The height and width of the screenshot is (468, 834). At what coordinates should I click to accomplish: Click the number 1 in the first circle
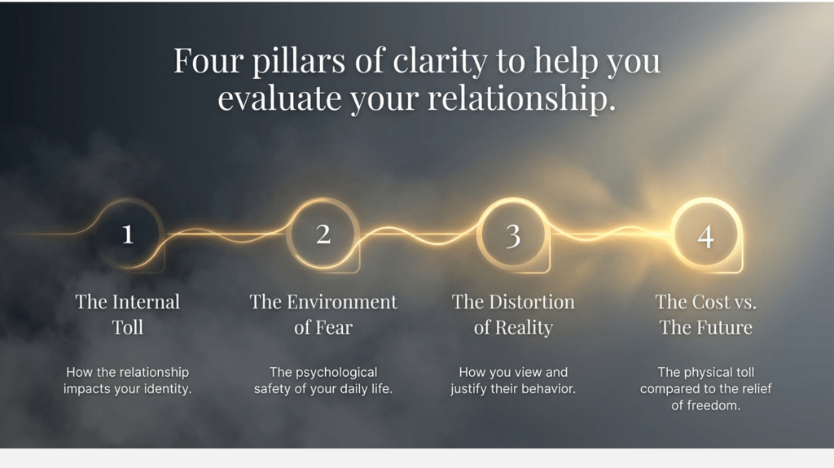click(x=128, y=234)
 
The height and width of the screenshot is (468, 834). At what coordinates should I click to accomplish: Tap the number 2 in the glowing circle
click(x=323, y=234)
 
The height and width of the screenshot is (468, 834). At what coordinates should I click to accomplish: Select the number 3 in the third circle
click(x=513, y=236)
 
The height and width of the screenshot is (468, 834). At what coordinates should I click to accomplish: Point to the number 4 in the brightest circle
click(x=706, y=237)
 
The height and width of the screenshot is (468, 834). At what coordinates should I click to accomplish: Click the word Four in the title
click(x=208, y=60)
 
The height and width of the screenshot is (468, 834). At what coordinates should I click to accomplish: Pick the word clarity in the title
click(x=440, y=62)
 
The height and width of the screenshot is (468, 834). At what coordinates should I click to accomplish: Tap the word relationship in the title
click(x=521, y=99)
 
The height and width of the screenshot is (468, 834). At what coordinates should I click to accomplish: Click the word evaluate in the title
click(x=279, y=99)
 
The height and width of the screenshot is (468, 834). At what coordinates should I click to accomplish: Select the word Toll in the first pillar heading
click(x=128, y=327)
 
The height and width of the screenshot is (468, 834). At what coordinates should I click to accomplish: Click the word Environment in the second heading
click(x=342, y=302)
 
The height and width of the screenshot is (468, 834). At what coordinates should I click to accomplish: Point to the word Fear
click(x=334, y=327)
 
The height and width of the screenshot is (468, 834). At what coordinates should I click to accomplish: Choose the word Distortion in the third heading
click(x=532, y=302)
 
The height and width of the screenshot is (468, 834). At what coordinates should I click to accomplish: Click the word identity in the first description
click(x=165, y=389)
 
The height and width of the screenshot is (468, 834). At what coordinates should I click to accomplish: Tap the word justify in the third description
click(x=468, y=389)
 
